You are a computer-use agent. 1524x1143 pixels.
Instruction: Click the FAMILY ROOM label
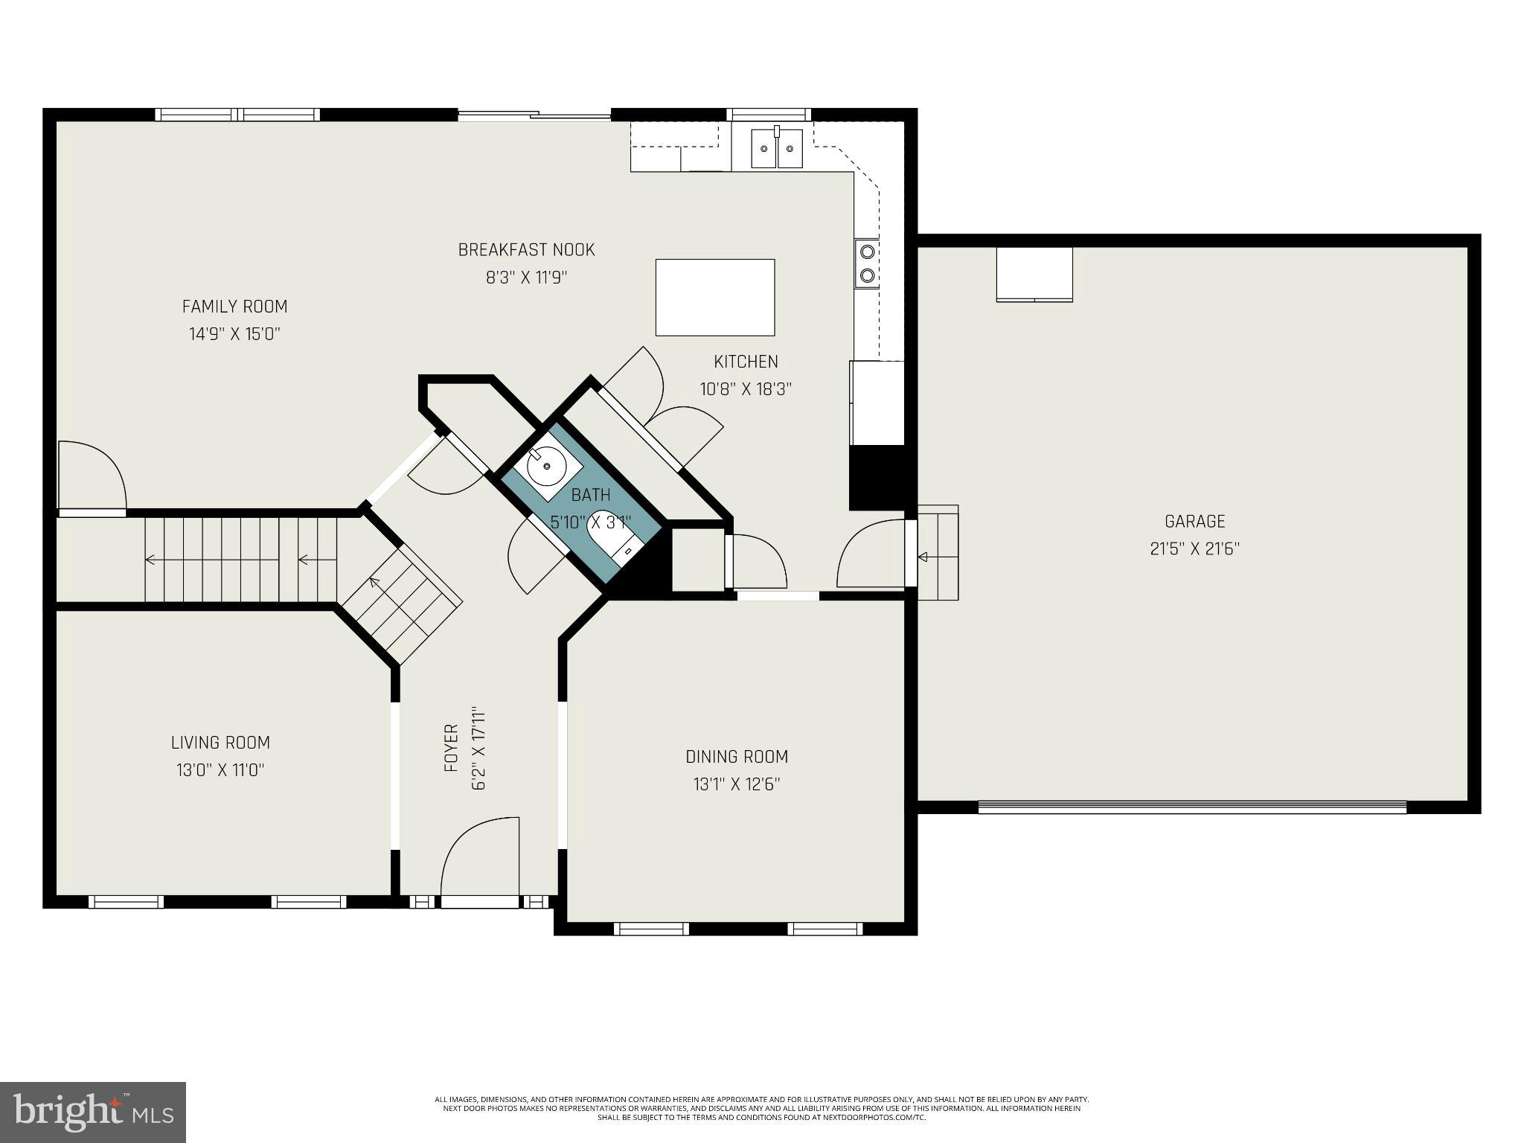tap(234, 307)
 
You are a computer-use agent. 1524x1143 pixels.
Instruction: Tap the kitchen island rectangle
tap(714, 297)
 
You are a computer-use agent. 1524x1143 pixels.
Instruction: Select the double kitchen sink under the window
tap(777, 148)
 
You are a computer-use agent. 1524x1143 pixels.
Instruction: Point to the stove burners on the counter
tap(867, 263)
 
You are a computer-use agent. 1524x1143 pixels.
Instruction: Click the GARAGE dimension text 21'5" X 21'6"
tap(1194, 549)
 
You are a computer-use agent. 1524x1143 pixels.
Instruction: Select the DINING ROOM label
tap(736, 757)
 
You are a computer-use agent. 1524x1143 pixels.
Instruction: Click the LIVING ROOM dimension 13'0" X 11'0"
tap(220, 770)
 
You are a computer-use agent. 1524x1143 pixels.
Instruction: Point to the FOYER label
tap(451, 747)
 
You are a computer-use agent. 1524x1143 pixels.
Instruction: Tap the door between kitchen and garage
tap(871, 554)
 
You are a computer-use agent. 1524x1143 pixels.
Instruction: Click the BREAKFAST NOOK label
tap(526, 250)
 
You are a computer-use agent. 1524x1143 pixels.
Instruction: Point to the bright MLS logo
tap(92, 1113)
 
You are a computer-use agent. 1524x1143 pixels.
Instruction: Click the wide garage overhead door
tap(1191, 807)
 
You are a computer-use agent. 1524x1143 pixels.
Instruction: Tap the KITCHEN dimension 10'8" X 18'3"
tap(746, 389)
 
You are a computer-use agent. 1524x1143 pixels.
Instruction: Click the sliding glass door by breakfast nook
tap(534, 115)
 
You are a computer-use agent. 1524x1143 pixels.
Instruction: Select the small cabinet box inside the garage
tap(1034, 275)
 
